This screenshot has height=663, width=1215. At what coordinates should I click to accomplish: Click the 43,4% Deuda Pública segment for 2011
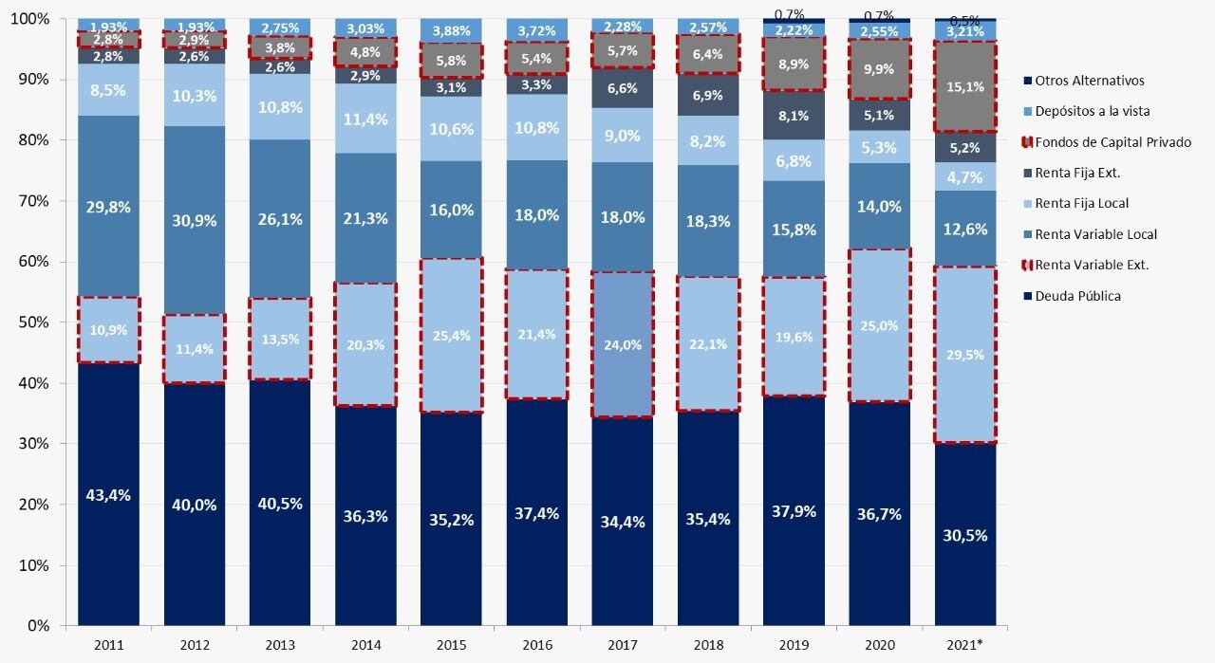(x=108, y=494)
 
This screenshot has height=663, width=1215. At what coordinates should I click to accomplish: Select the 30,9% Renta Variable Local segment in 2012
(x=194, y=219)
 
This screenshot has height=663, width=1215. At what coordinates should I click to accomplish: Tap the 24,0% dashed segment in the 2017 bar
(x=624, y=345)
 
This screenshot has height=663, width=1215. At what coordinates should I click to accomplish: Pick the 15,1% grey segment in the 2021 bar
(x=966, y=86)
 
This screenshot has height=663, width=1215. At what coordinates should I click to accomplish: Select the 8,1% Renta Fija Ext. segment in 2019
(x=794, y=117)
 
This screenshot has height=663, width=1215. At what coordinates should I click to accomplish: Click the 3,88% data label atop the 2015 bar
(x=452, y=31)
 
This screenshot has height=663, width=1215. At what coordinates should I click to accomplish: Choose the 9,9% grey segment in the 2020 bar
(x=880, y=69)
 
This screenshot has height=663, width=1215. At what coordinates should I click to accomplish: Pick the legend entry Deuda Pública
(x=1077, y=296)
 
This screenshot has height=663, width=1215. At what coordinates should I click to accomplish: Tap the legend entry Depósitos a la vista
(x=1092, y=111)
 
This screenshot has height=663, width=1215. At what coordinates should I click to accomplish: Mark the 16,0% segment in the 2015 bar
(x=452, y=210)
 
